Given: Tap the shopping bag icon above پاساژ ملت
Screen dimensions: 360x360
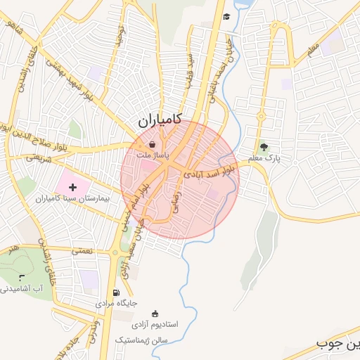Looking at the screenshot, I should coord(153,143).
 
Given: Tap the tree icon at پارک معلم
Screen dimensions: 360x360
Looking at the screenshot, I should coord(264,147).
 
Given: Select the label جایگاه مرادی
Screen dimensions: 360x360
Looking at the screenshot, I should coord(117,304).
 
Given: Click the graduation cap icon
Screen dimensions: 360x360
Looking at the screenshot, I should coord(226,17).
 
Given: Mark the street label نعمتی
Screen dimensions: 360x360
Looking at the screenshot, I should coord(82,250).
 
